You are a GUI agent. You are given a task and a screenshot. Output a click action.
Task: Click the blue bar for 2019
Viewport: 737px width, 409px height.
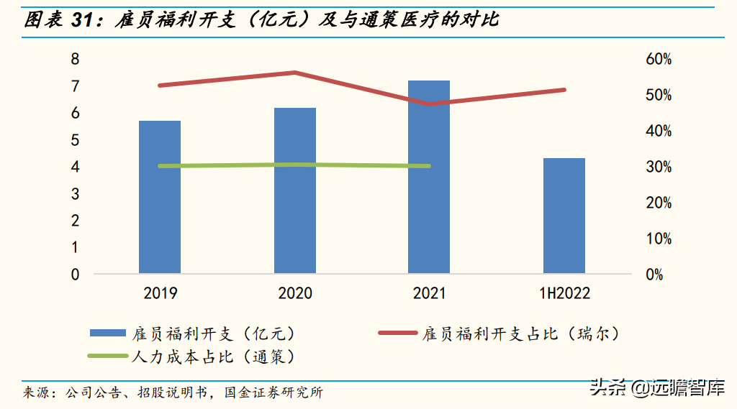tap(160, 197)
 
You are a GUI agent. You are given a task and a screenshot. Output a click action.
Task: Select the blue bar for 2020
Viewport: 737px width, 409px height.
tap(295, 190)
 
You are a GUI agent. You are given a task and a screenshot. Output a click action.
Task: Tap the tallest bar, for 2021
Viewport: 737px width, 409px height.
tap(429, 177)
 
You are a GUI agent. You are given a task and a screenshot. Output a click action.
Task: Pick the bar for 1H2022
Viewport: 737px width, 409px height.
tap(564, 216)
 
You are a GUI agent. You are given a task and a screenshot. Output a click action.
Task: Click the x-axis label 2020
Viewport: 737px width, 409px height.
tap(295, 293)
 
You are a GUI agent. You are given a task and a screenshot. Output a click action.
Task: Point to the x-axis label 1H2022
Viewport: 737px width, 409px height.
tap(564, 293)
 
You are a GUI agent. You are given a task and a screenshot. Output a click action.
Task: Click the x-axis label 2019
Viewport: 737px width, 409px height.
tap(160, 293)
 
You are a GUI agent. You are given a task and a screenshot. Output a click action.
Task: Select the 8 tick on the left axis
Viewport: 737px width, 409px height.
tap(75, 59)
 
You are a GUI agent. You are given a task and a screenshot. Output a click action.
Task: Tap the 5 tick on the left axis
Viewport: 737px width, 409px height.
tap(75, 140)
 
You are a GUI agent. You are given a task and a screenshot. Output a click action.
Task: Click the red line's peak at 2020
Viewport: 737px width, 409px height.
tap(295, 73)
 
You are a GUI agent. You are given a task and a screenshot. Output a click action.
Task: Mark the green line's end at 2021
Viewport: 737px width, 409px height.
tap(429, 166)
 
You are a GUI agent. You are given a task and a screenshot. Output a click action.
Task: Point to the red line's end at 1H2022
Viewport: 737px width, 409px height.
tap(564, 90)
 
